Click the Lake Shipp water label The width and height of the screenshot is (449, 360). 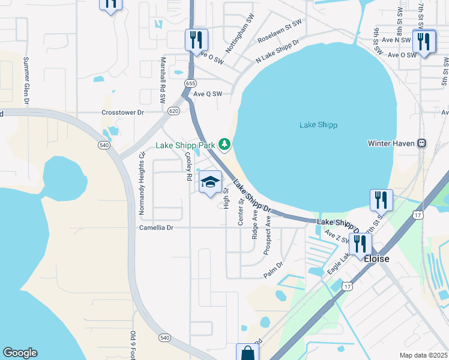(x=318, y=125)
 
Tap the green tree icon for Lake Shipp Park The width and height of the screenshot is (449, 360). (x=224, y=144)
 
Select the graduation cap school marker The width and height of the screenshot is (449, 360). (x=210, y=182)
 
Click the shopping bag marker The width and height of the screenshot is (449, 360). (x=247, y=353)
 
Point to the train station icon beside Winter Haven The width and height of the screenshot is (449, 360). (x=423, y=143)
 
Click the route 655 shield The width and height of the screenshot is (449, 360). (x=190, y=83)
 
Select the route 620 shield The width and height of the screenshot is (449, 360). (x=173, y=111)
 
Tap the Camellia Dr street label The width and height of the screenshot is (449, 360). (x=156, y=228)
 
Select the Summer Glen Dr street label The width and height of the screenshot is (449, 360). (x=26, y=81)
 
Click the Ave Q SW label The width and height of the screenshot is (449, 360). (x=208, y=94)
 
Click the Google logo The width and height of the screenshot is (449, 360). (x=20, y=353)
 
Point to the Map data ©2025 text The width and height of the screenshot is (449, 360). (x=423, y=355)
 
